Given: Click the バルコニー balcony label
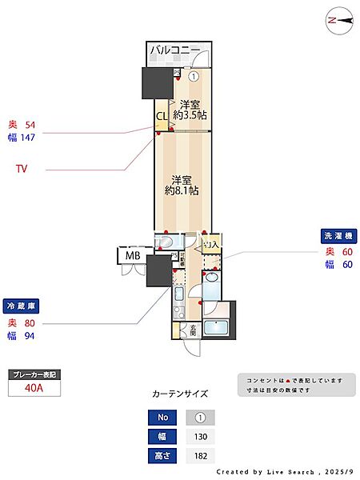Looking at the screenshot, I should (x=178, y=54).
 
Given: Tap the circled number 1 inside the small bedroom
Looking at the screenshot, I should (x=194, y=76).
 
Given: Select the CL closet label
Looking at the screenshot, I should (x=162, y=116).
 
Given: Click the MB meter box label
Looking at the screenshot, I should (x=131, y=256).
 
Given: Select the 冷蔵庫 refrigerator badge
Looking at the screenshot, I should (x=22, y=306).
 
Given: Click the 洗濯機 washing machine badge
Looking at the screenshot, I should (x=337, y=236).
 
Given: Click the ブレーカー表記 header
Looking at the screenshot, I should (x=34, y=374).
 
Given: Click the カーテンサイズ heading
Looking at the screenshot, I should (x=180, y=394).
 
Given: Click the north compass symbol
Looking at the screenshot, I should (x=339, y=21).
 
